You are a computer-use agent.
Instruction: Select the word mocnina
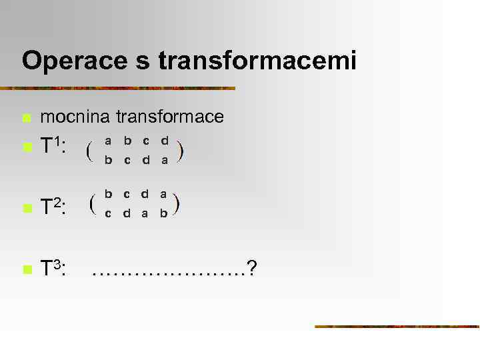coord(75,117)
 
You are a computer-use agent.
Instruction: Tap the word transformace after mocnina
coord(170,117)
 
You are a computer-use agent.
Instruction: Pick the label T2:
coord(53,207)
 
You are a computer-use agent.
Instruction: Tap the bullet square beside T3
coord(26,270)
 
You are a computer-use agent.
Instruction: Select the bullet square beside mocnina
coord(26,119)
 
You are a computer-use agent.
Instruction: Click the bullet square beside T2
coord(26,209)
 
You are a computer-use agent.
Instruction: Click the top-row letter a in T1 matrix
coord(108,141)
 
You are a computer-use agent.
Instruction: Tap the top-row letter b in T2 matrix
coord(108,194)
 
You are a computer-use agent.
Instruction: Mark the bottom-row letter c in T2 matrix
coord(108,213)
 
